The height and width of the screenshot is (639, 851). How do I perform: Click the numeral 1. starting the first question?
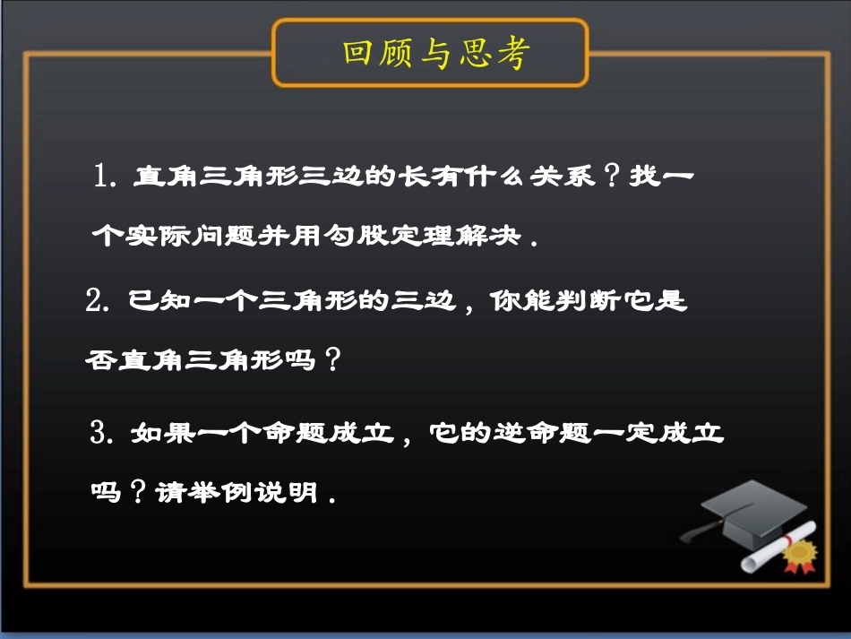point(107,176)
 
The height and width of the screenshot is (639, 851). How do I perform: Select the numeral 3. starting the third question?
point(105,434)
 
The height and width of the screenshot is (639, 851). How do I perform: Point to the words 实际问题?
point(190,237)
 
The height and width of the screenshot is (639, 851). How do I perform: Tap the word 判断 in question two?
point(582,302)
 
